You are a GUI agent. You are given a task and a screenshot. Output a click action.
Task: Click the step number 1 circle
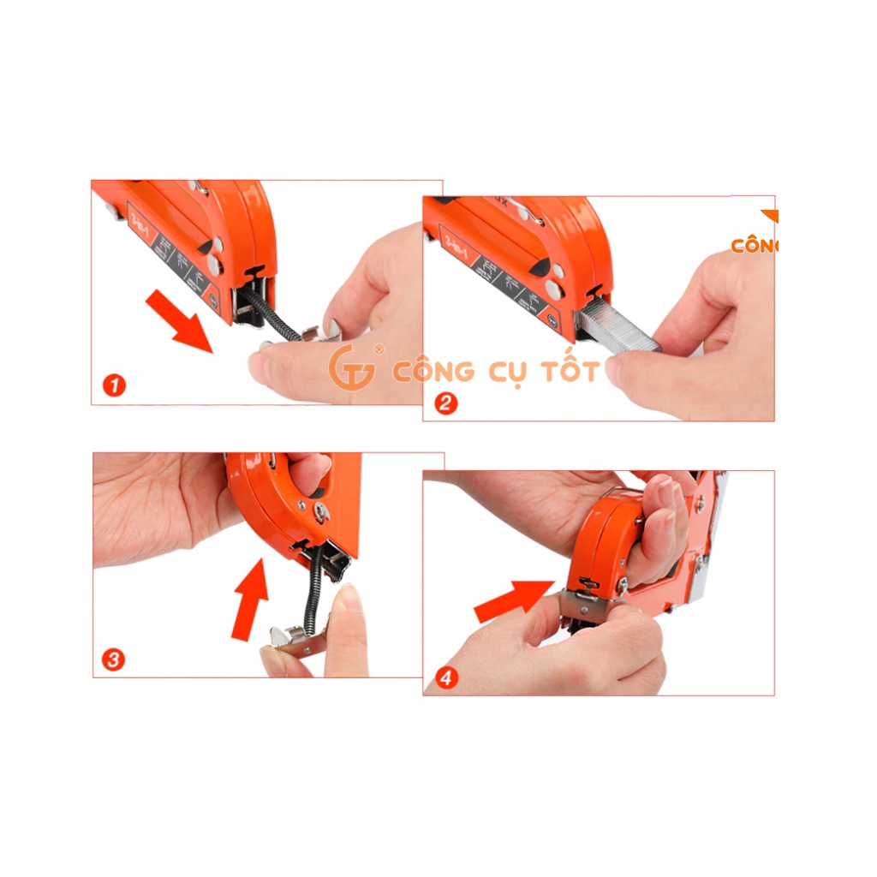point(114,385)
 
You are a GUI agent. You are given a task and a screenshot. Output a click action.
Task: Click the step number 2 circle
point(445,403)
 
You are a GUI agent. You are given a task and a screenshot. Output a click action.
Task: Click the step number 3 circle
point(113,659)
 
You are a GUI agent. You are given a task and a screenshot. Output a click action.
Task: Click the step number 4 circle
point(446,678)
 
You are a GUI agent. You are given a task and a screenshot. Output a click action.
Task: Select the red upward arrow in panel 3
point(251,597)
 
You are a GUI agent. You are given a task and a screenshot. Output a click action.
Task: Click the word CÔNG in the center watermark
point(433,371)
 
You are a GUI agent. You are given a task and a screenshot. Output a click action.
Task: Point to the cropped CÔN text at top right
point(755,246)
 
